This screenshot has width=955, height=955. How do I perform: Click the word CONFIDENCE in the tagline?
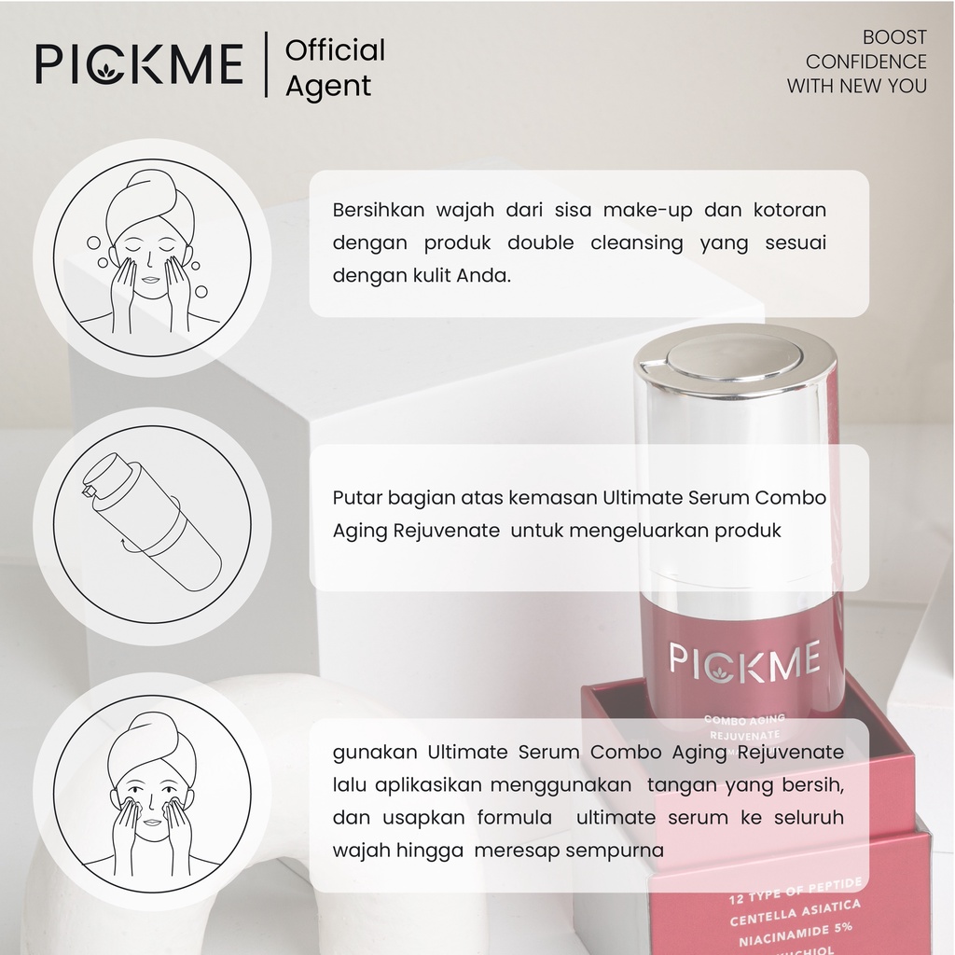(x=866, y=62)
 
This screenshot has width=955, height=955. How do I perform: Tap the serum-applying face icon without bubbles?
(x=151, y=794)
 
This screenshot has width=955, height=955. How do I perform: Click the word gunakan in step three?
(x=374, y=752)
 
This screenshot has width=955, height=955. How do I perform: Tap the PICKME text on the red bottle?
(x=744, y=660)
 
